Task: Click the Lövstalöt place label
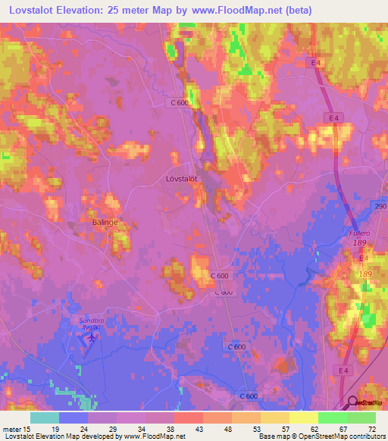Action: pos(181,179)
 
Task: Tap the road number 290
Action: pos(380,206)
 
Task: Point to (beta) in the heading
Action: pos(296,10)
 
